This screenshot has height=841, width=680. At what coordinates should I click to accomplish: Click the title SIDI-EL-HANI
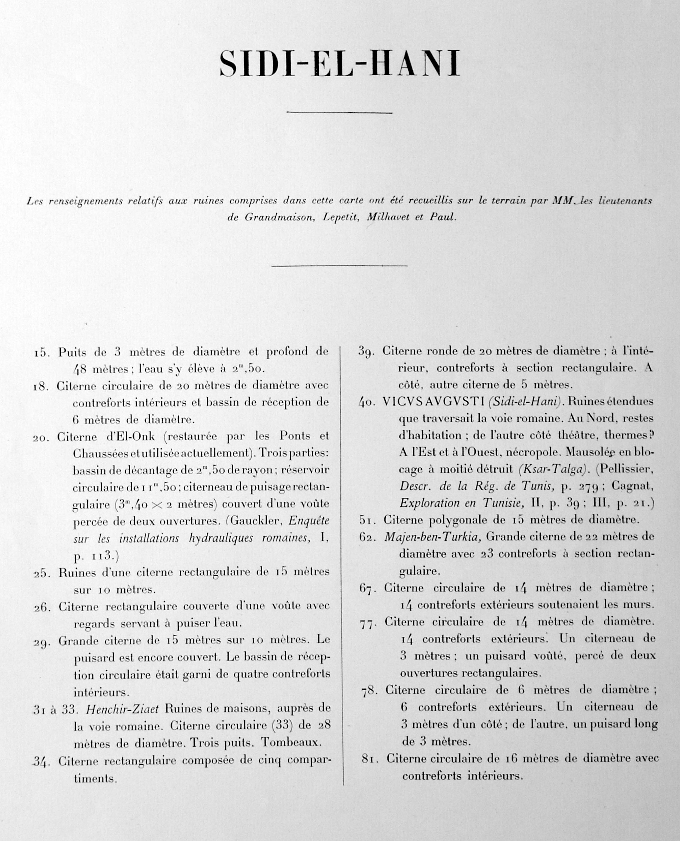tap(339, 64)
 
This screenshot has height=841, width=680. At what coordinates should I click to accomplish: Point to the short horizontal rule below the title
tap(339, 113)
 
